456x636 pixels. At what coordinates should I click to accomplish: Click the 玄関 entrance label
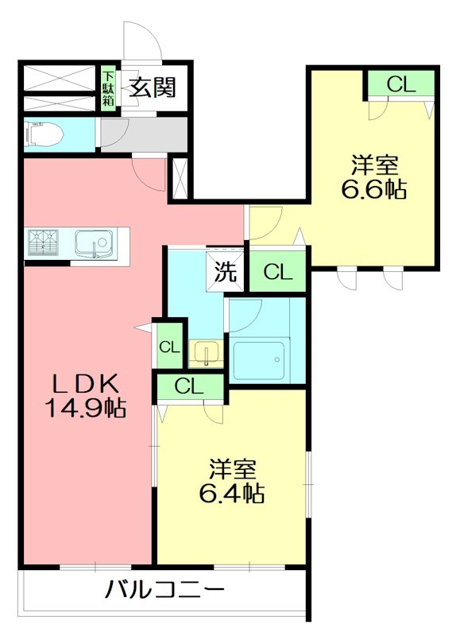pyautogui.click(x=153, y=87)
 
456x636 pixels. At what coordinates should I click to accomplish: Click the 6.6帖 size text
pyautogui.click(x=374, y=190)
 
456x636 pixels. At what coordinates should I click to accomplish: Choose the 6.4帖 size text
pyautogui.click(x=231, y=494)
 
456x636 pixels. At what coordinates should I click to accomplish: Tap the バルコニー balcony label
pyautogui.click(x=164, y=591)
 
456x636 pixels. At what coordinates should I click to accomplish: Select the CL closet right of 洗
pyautogui.click(x=278, y=272)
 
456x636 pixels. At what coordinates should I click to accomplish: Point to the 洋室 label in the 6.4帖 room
pyautogui.click(x=231, y=467)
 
